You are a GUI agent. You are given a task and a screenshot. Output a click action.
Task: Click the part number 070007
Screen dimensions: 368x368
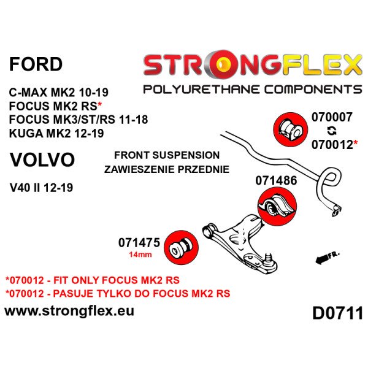coord(332,117)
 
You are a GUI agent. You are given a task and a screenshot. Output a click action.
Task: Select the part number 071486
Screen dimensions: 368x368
coord(276,180)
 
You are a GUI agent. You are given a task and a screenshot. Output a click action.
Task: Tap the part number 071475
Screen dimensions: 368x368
coord(139,243)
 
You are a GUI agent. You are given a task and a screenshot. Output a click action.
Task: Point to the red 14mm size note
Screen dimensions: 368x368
coord(140,255)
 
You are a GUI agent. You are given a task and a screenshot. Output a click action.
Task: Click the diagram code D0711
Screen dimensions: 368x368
coord(338,313)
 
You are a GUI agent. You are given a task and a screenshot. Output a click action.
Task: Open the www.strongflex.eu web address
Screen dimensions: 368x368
coord(69,312)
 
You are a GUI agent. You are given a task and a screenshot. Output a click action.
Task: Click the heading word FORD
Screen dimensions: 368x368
coord(36,64)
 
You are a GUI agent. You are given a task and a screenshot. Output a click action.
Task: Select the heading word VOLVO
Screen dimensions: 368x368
coord(42,160)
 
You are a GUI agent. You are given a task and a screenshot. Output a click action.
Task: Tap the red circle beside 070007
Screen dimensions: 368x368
coord(291,129)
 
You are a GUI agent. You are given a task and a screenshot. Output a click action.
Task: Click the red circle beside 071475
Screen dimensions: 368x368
coord(181,247)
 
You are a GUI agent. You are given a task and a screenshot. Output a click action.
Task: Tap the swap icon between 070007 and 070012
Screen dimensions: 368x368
coord(332,131)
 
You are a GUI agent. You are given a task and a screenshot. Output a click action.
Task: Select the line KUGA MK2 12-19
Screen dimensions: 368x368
coord(56,134)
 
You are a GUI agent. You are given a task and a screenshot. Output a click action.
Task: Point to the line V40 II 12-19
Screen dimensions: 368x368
coord(41,188)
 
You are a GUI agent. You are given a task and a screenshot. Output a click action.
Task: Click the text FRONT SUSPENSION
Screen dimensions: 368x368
coord(167,155)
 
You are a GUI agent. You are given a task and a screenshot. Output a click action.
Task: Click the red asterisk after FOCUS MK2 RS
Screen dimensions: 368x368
coord(100,105)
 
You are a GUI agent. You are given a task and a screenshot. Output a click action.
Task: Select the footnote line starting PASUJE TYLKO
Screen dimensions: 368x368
coord(118,294)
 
